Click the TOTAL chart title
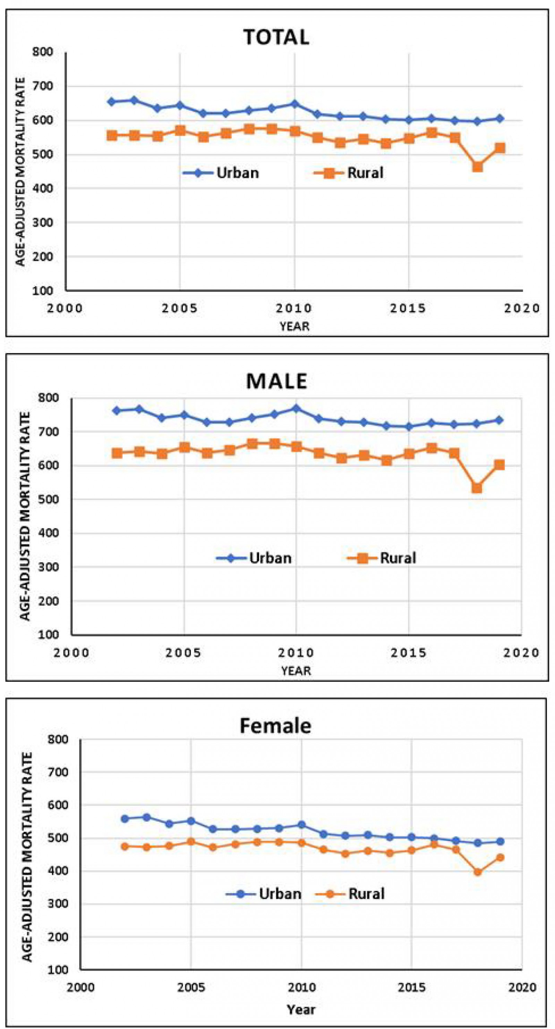pyautogui.click(x=276, y=37)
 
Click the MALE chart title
pyautogui.click(x=276, y=381)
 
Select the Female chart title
pyautogui.click(x=275, y=726)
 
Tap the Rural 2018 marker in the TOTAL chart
pyautogui.click(x=477, y=166)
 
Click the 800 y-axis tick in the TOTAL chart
pyautogui.click(x=43, y=52)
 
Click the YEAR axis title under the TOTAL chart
pyautogui.click(x=294, y=326)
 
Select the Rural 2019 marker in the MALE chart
pyautogui.click(x=499, y=465)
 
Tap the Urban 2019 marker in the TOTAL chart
pyautogui.click(x=499, y=119)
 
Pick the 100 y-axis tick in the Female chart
pyautogui.click(x=58, y=969)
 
